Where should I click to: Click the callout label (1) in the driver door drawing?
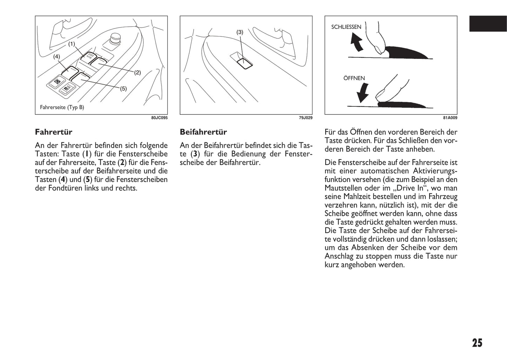tap(72, 44)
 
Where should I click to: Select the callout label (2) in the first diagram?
tap(137, 73)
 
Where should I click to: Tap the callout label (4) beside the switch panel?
tap(56, 56)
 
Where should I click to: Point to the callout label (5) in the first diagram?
tap(123, 89)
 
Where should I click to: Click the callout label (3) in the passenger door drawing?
tap(240, 32)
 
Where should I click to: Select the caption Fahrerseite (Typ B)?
tap(62, 107)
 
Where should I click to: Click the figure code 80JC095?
tap(159, 118)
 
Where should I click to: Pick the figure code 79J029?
tap(305, 118)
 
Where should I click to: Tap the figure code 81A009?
tap(450, 118)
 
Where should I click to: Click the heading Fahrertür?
tap(54, 132)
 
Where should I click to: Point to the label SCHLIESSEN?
tap(346, 27)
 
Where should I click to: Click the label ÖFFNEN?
tap(354, 78)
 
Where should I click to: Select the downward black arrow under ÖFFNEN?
tap(362, 92)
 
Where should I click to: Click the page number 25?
tap(477, 343)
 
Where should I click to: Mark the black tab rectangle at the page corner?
tap(488, 24)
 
